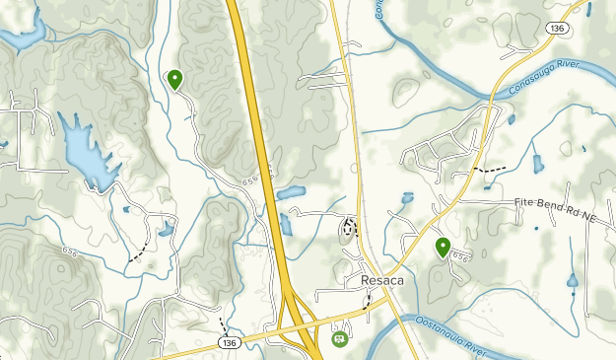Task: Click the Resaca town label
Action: coord(369,280)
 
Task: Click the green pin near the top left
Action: coord(175,79)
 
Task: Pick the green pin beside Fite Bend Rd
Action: coord(443,247)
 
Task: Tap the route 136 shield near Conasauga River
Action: coord(556,31)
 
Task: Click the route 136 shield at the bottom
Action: coord(229,342)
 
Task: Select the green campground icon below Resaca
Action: coord(339,338)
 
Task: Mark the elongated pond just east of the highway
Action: coord(292,192)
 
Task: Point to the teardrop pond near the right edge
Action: coord(572,282)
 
